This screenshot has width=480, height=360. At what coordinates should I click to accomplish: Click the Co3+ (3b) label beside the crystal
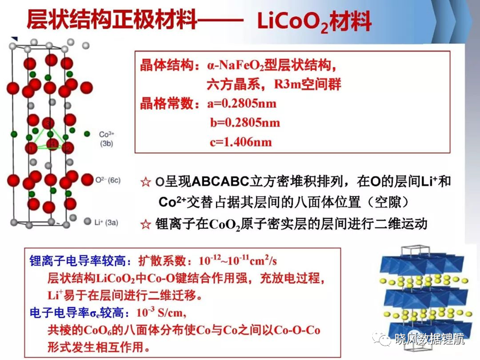pyautogui.click(x=107, y=139)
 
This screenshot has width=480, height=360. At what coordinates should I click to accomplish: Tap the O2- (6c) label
pyautogui.click(x=108, y=181)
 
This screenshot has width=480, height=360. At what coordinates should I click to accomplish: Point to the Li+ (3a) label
pyautogui.click(x=106, y=222)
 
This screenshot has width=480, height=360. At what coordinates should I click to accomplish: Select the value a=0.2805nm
pyautogui.click(x=242, y=104)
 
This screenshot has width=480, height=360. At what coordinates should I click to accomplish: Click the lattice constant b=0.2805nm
pyautogui.click(x=245, y=123)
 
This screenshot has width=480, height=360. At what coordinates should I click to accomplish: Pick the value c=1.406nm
pyautogui.click(x=241, y=142)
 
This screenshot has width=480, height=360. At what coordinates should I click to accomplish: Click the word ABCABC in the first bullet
pyautogui.click(x=221, y=182)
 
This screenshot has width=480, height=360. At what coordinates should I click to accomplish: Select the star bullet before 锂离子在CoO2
pyautogui.click(x=146, y=224)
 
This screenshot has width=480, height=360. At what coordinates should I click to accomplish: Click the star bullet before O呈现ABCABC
pyautogui.click(x=146, y=182)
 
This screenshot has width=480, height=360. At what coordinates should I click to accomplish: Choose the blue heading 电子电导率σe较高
pyautogui.click(x=77, y=313)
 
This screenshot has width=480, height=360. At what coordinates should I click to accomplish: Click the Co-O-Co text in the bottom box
pyautogui.click(x=297, y=330)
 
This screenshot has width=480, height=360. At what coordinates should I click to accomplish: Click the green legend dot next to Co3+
pyautogui.click(x=87, y=134)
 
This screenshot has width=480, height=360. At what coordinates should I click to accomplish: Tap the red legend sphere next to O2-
pyautogui.click(x=87, y=179)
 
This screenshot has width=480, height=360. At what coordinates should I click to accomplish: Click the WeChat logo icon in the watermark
pyautogui.click(x=382, y=338)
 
